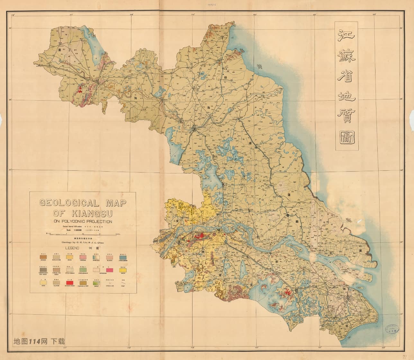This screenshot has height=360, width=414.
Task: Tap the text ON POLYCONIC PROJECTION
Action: pos(83,221)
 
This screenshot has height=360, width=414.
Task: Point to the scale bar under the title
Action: pos(83,233)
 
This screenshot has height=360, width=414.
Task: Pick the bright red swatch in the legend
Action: pos(70,283)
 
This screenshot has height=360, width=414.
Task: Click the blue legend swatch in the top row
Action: pos(123,257)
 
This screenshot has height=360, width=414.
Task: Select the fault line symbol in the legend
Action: pos(123,283)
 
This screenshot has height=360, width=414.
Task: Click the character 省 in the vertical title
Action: pos(346,80)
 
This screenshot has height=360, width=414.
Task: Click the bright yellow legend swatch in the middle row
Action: pos(123,270)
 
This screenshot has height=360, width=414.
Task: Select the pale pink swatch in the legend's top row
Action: pos(110,257)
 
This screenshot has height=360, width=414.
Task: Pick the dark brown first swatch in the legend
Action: pos(43,257)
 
